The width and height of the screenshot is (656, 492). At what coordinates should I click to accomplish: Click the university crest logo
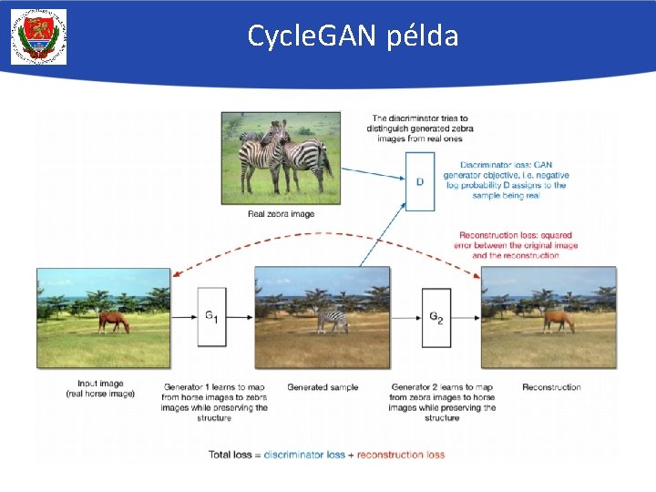[x=38, y=36]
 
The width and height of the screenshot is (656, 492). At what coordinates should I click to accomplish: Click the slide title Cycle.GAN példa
[x=353, y=36]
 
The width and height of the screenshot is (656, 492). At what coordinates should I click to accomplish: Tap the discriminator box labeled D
[x=420, y=181]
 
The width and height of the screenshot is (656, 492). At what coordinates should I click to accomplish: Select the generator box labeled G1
[x=211, y=316]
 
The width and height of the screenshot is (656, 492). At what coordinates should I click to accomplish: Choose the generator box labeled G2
[x=436, y=316]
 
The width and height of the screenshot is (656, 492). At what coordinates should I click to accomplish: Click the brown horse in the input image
[x=113, y=321]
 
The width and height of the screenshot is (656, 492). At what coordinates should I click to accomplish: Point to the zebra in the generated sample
[x=333, y=320]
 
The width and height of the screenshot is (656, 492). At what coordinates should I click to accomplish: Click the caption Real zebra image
[x=281, y=214]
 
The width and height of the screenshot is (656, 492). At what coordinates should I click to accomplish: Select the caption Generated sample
[x=323, y=387]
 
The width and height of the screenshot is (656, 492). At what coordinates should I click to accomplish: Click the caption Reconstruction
[x=551, y=387]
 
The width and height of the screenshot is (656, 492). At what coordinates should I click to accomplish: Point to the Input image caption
[x=100, y=389]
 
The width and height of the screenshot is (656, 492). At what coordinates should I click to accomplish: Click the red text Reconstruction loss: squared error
[x=517, y=245]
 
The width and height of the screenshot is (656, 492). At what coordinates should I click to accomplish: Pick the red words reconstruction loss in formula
[x=401, y=454]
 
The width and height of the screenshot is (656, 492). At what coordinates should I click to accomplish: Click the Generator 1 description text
[x=217, y=402]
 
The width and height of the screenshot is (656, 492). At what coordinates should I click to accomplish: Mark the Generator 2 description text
[x=442, y=402]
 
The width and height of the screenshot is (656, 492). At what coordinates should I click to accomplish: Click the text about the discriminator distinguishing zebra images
[x=419, y=128]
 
